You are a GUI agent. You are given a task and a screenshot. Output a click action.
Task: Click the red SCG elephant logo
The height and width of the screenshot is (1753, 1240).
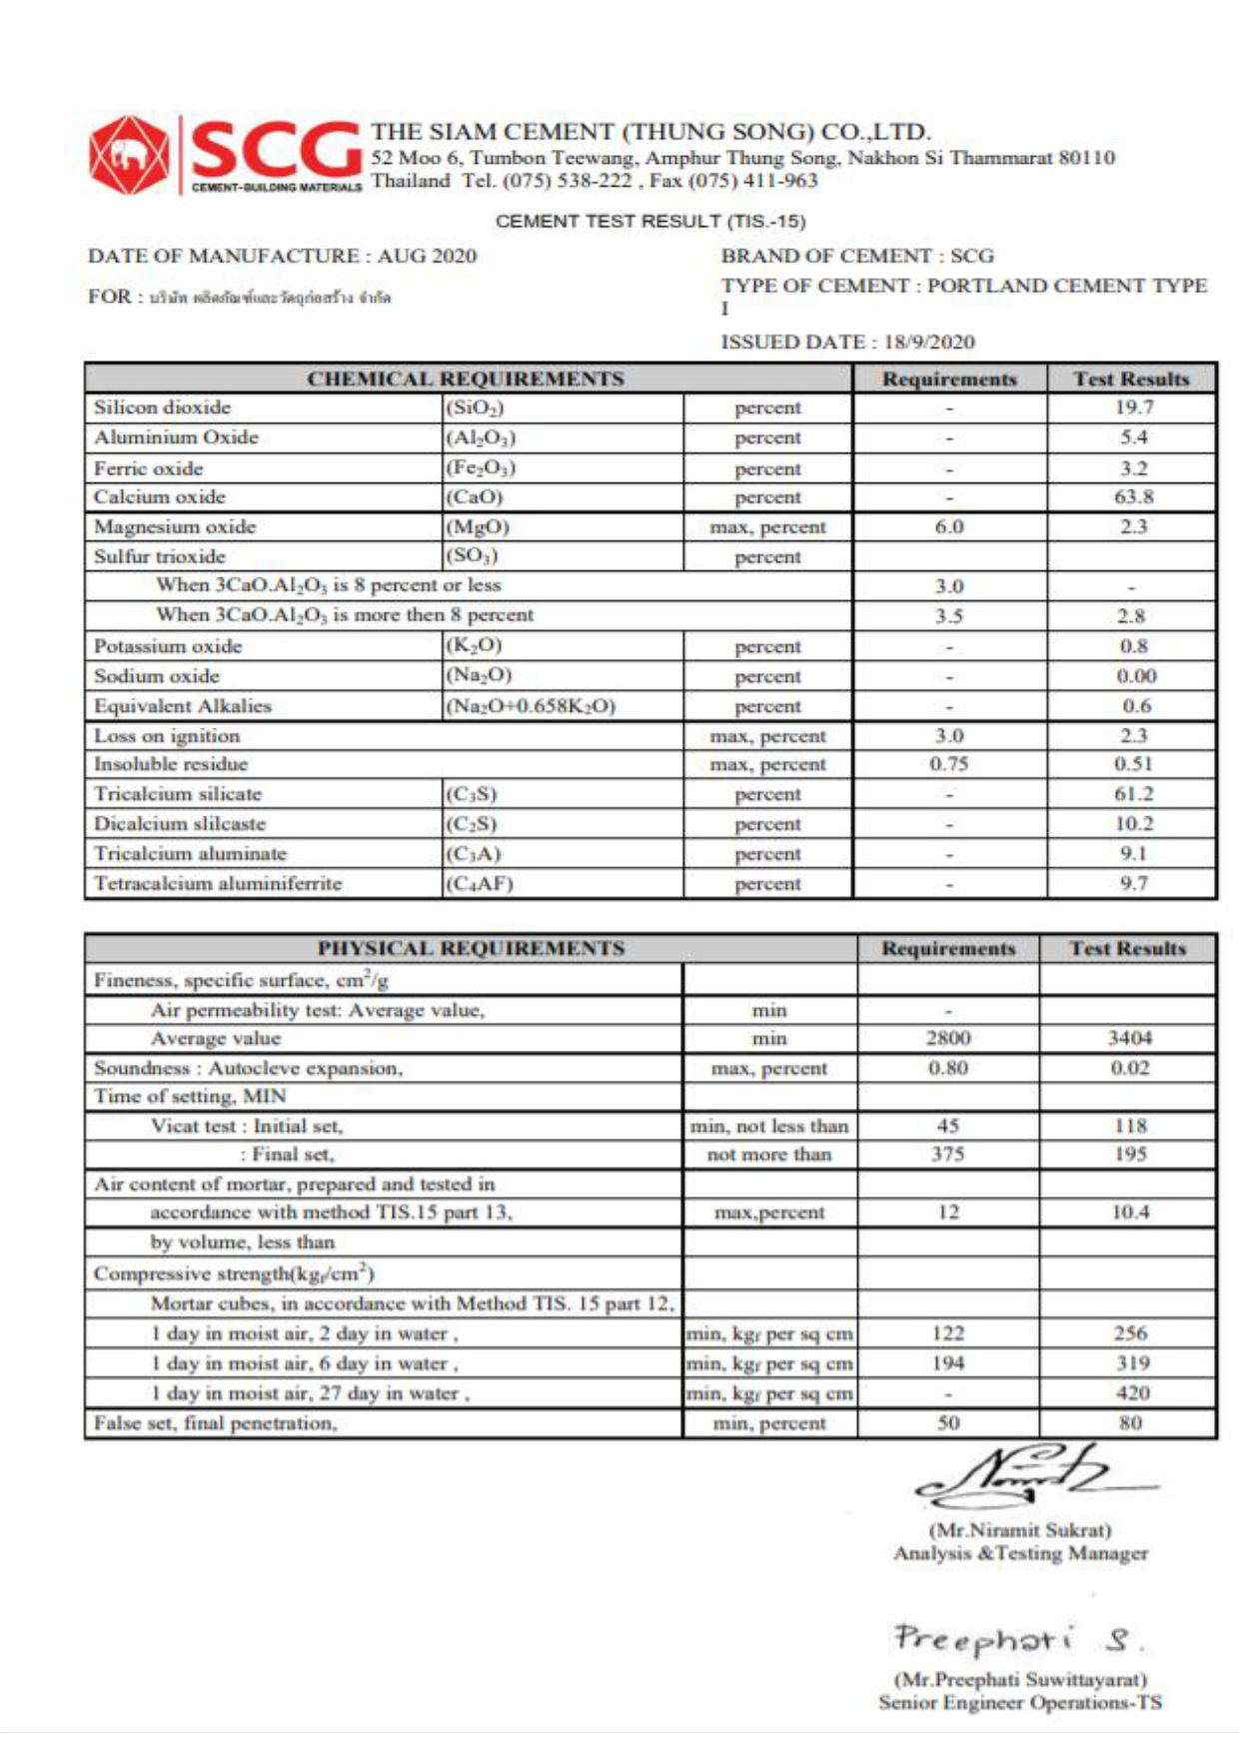click(128, 155)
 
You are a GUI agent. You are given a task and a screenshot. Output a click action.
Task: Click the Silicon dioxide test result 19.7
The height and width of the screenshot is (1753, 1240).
click(1133, 408)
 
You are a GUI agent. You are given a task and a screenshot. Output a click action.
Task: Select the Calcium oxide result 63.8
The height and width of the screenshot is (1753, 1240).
click(1133, 496)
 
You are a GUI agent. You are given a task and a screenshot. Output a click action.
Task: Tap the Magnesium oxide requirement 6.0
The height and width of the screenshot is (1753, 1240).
click(949, 526)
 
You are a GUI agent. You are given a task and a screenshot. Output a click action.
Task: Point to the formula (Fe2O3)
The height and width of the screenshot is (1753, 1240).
click(481, 467)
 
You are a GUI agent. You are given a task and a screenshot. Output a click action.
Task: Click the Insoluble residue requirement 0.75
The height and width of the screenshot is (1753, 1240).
click(949, 764)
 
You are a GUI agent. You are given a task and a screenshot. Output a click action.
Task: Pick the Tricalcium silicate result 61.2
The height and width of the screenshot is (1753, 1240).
click(1133, 794)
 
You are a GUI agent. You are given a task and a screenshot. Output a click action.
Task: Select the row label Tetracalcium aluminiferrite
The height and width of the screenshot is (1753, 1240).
click(218, 883)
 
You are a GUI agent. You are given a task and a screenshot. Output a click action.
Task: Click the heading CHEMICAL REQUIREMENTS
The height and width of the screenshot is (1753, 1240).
click(466, 379)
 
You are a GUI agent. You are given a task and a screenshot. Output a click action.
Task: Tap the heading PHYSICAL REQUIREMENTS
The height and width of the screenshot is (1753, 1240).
click(471, 948)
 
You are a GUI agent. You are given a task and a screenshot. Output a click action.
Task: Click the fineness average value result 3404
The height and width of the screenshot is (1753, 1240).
click(1129, 1038)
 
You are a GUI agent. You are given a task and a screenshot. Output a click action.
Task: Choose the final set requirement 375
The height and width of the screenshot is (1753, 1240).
click(948, 1154)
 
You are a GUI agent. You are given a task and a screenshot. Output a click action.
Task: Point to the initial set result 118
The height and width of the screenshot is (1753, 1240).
click(1130, 1126)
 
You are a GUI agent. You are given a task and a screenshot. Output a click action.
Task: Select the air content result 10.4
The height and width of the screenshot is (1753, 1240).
click(1130, 1212)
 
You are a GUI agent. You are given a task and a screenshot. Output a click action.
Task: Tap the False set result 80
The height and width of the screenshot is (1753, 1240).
click(1130, 1422)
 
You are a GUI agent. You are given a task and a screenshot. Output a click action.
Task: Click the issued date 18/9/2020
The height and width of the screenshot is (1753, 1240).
click(929, 342)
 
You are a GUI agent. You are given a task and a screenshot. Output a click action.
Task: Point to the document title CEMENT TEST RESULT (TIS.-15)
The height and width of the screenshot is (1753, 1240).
click(650, 221)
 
